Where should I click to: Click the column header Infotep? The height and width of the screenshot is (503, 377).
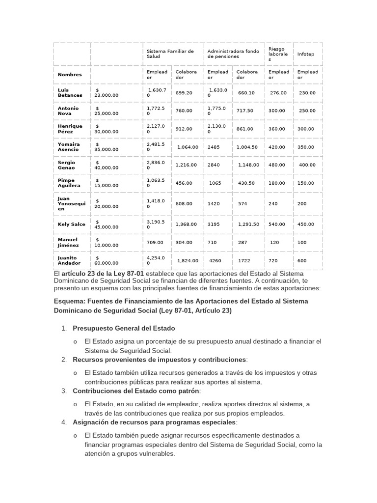pyautogui.click(x=306, y=54)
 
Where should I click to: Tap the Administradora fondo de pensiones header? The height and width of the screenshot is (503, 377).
pyautogui.click(x=233, y=54)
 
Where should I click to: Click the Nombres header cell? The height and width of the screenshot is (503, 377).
pyautogui.click(x=70, y=75)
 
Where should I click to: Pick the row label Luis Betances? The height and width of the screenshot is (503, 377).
pyautogui.click(x=70, y=93)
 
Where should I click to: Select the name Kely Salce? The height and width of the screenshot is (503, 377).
pyautogui.click(x=71, y=224)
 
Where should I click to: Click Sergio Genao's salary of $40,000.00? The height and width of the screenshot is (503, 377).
pyautogui.click(x=107, y=165)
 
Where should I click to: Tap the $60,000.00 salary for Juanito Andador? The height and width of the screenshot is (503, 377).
pyautogui.click(x=107, y=260)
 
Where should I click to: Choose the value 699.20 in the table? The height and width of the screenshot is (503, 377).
pyautogui.click(x=184, y=93)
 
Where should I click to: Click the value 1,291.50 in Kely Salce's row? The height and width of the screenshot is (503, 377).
pyautogui.click(x=248, y=224)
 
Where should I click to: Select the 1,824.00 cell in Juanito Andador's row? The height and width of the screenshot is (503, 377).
pyautogui.click(x=187, y=261)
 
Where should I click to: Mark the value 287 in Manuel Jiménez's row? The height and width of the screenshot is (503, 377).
pyautogui.click(x=243, y=243)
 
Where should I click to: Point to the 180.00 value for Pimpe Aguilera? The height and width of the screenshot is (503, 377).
pyautogui.click(x=277, y=183)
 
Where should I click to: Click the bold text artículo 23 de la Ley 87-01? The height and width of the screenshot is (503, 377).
pyautogui.click(x=103, y=273)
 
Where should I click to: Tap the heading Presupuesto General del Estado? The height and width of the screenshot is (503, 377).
pyautogui.click(x=124, y=328)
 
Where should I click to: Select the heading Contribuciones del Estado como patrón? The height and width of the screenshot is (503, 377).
pyautogui.click(x=136, y=391)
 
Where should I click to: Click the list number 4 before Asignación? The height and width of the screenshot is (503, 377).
pyautogui.click(x=64, y=422)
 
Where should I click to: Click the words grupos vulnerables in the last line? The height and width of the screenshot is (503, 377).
pyautogui.click(x=146, y=454)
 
